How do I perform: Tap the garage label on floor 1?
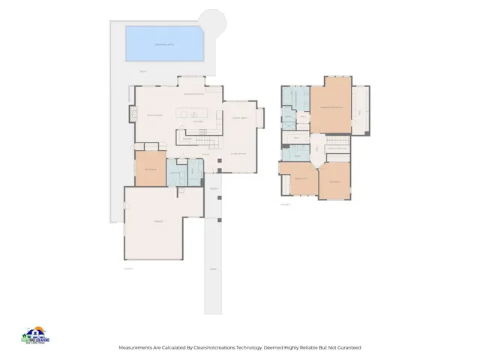pos(158,222)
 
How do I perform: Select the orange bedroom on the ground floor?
pos(150,169)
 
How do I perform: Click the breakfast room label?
pos(194,94)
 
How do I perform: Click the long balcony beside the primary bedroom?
pos(361,111)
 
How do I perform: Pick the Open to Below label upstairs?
pos(337,148)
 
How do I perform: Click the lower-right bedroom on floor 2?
pos(334,181)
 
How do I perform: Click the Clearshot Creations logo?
pos(35,335)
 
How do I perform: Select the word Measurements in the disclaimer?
pos(136,348)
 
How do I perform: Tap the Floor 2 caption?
pos(284,203)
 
